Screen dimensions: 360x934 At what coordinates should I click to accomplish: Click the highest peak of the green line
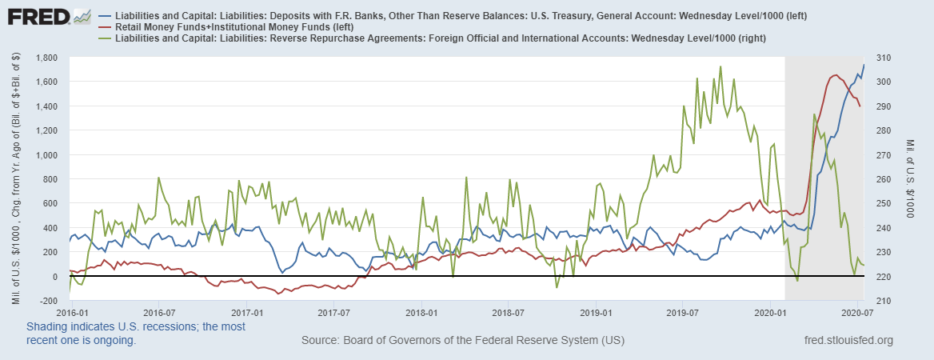click(x=720, y=66)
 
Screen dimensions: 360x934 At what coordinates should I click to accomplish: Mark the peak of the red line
click(x=835, y=75)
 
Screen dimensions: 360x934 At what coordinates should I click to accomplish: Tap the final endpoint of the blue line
click(x=864, y=65)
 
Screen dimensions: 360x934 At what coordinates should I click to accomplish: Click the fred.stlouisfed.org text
click(x=848, y=341)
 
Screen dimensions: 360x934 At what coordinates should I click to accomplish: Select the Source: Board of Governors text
click(x=462, y=341)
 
